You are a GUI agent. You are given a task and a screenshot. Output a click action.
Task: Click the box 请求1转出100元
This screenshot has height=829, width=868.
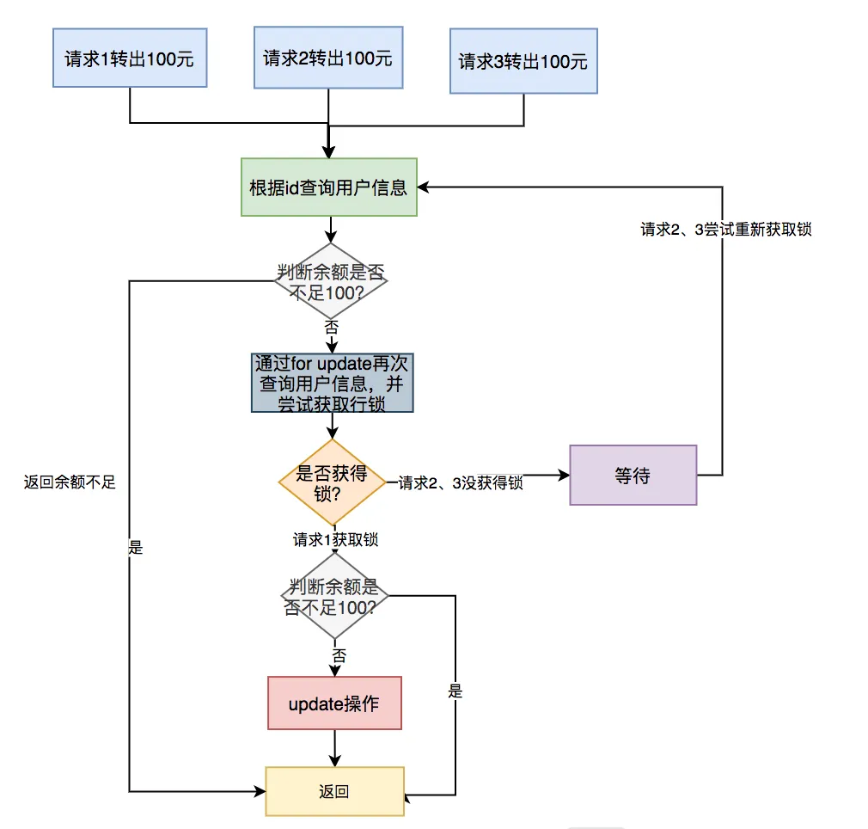tap(130, 58)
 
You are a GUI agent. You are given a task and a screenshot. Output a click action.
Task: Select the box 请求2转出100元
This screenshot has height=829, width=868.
tap(328, 58)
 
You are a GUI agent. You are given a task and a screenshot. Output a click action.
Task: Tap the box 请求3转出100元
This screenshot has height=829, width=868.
tap(523, 61)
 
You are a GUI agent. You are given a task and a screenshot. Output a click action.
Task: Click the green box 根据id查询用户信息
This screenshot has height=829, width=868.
tap(327, 187)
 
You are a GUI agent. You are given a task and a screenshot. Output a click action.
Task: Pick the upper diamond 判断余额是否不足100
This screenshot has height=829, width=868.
tap(331, 281)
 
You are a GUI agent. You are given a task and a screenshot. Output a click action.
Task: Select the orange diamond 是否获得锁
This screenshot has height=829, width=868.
tap(333, 482)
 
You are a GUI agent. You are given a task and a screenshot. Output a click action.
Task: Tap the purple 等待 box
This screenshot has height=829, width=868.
tap(633, 475)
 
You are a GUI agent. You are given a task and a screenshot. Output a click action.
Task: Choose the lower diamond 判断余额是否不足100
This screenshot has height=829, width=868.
tap(334, 597)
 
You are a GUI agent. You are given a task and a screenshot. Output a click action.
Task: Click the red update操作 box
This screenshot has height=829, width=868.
tap(334, 703)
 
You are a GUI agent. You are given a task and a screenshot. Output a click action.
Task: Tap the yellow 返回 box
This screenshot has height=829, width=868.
tap(334, 791)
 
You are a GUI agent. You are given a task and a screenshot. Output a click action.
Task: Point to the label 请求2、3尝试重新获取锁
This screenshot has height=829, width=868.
tap(726, 230)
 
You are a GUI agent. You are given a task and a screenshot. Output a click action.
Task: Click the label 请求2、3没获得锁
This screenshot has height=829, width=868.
tap(461, 483)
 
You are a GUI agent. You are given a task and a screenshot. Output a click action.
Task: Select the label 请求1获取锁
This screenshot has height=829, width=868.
tap(335, 540)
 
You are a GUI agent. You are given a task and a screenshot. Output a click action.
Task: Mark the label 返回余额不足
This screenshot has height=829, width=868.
tap(70, 482)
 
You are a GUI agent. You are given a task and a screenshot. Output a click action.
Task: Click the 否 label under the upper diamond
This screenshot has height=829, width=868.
tap(331, 327)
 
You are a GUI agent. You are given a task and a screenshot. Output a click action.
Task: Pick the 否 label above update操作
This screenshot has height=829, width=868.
tap(339, 655)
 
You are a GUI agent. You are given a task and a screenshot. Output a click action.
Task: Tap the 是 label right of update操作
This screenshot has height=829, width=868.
tap(455, 691)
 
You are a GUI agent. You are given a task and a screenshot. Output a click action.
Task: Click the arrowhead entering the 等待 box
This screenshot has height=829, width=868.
tap(563, 475)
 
